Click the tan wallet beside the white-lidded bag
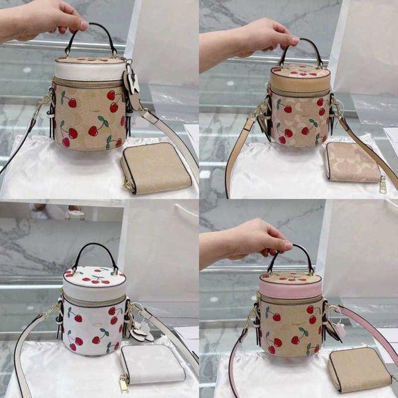pyautogui.click(x=157, y=168)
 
